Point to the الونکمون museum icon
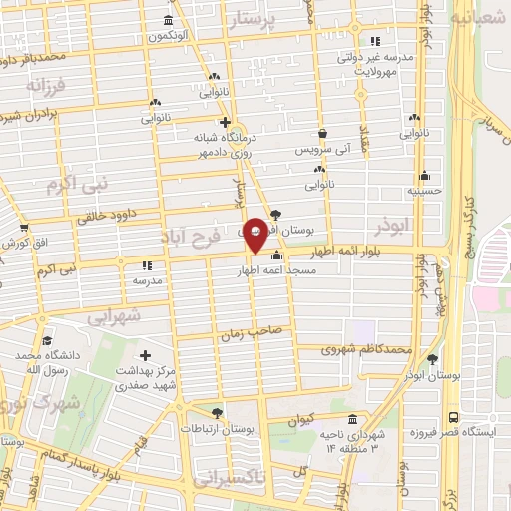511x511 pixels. coord(166,21)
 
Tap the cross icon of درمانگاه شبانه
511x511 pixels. coord(226,123)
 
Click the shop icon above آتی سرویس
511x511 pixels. coord(321,133)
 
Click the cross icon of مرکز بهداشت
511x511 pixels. coord(146,356)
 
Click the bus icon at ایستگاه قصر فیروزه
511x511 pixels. coord(454,417)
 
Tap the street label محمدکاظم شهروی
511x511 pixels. coord(368,350)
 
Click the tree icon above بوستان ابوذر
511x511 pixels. coord(432,359)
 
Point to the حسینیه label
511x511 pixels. coord(424,189)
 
